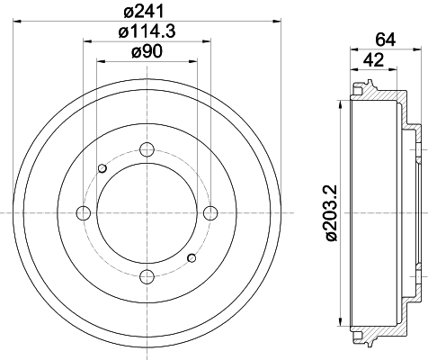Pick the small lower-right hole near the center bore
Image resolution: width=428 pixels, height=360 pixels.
[192, 259]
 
